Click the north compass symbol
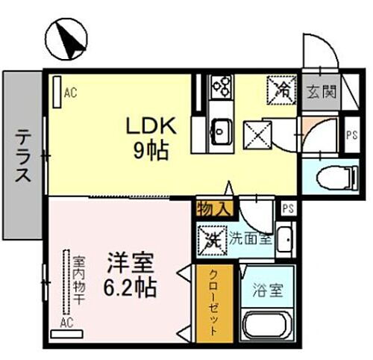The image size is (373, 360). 67,40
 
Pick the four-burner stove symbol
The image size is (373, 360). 221,88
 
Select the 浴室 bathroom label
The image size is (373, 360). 268,288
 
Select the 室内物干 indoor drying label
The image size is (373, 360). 77,283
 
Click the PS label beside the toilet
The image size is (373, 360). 353,135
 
